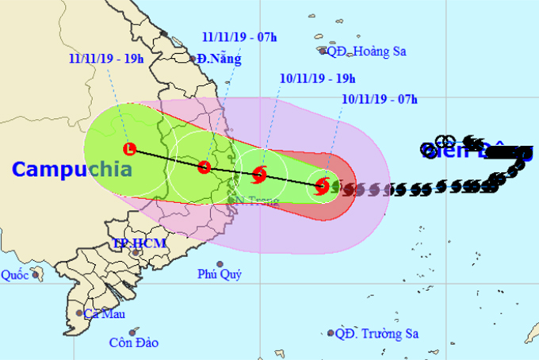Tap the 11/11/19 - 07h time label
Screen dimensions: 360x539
click(x=239, y=36)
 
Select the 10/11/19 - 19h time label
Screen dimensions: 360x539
click(x=318, y=78)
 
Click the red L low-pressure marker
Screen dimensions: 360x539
click(x=130, y=148)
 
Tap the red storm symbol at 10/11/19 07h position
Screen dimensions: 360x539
click(x=322, y=186)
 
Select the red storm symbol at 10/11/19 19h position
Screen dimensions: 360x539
click(x=259, y=174)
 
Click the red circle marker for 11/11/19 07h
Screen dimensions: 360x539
click(x=204, y=167)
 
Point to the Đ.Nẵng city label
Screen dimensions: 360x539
click(x=220, y=59)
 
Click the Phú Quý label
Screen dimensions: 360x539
click(x=220, y=275)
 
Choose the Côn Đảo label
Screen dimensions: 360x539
click(x=134, y=343)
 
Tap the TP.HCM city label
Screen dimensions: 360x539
click(x=139, y=243)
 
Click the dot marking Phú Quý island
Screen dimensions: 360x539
click(x=220, y=264)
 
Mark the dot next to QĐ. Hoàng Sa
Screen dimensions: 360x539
click(x=323, y=52)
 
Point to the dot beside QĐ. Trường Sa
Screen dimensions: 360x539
click(x=331, y=333)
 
